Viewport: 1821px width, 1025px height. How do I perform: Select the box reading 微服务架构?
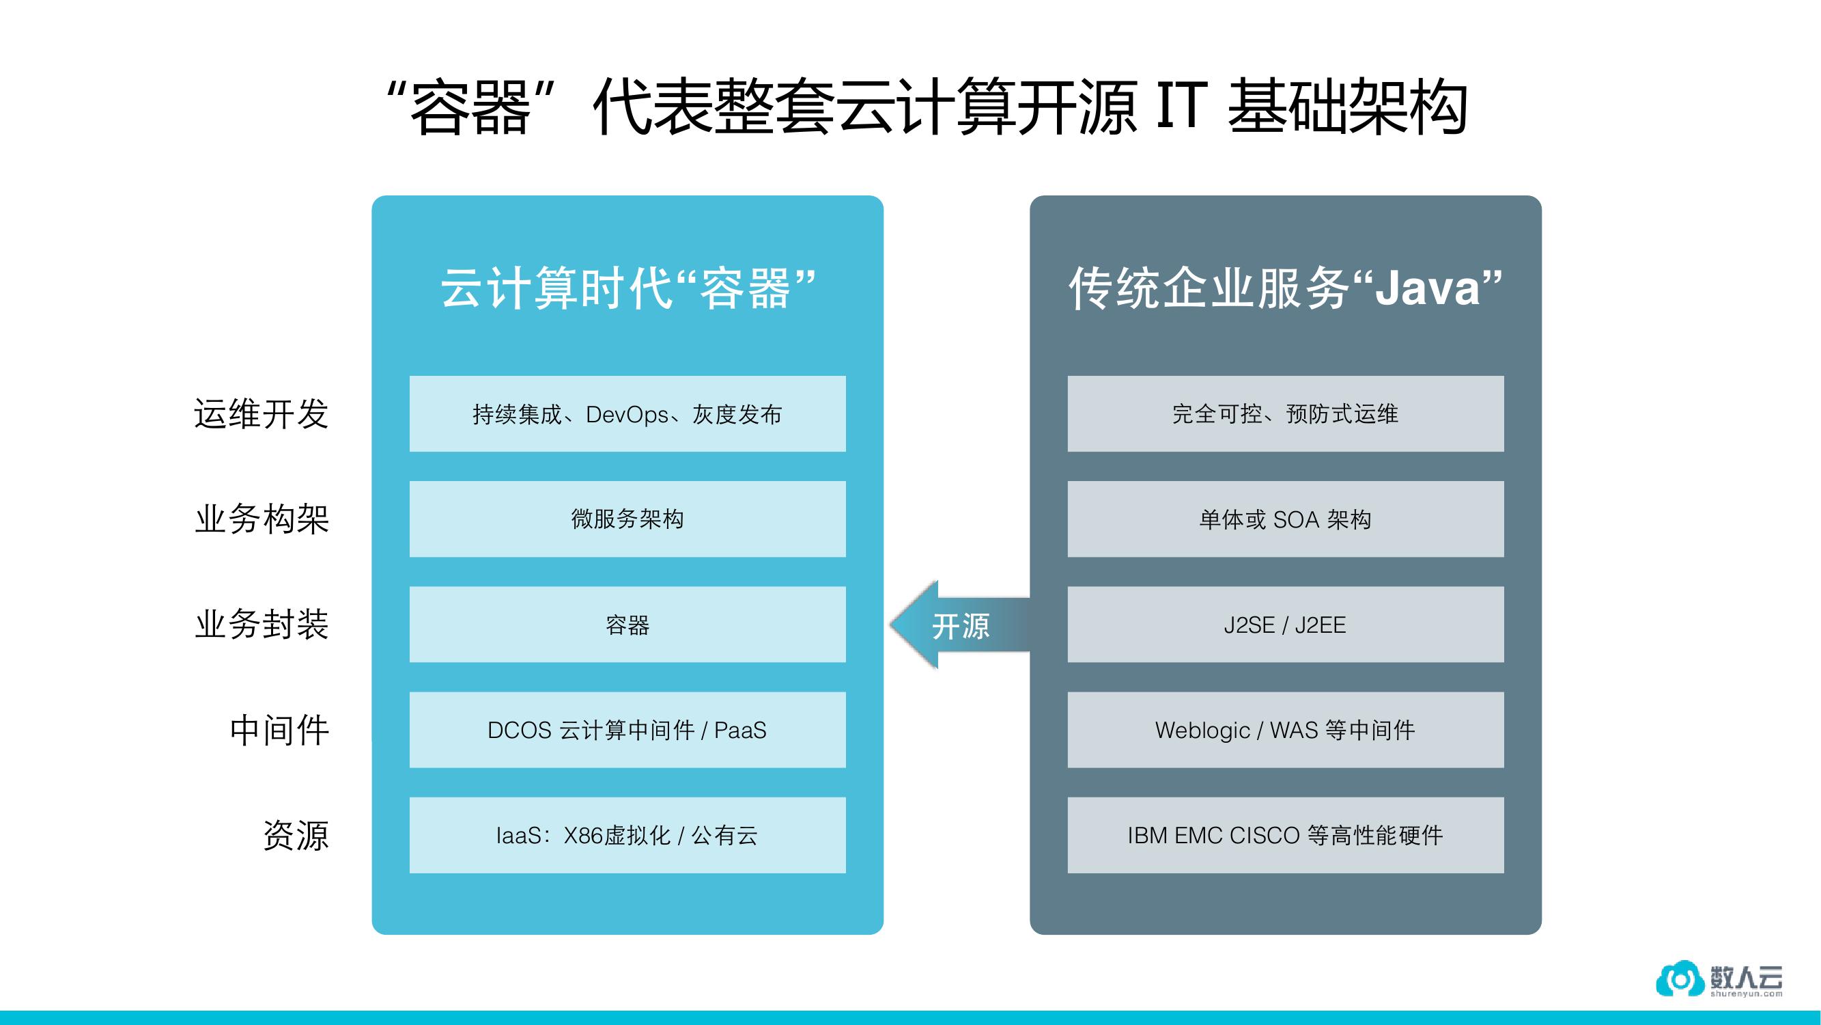coord(627,519)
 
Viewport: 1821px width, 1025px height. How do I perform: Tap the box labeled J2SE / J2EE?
coord(1284,625)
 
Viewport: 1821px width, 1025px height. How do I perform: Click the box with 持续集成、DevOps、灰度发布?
coord(627,414)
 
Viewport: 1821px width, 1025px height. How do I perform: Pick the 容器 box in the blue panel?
coord(627,625)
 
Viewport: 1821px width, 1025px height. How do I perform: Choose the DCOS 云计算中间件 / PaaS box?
coord(627,730)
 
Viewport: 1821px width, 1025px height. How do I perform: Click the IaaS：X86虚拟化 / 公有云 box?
coord(627,836)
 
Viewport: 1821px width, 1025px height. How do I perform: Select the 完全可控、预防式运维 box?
coord(1284,414)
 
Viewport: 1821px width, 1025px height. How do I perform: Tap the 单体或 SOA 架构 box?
coord(1284,519)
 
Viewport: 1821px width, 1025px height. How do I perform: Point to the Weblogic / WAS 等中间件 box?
coord(1284,730)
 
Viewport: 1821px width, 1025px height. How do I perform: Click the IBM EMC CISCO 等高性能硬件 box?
coord(1284,836)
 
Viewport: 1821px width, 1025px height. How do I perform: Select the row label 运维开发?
coord(262,414)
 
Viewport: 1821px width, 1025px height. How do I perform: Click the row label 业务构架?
coord(262,519)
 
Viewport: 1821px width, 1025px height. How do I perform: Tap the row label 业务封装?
coord(262,625)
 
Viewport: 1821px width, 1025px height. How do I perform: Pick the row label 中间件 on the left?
coord(279,730)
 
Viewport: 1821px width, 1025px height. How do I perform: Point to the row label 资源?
coord(296,836)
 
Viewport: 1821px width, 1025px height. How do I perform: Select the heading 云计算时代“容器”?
coord(627,288)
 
